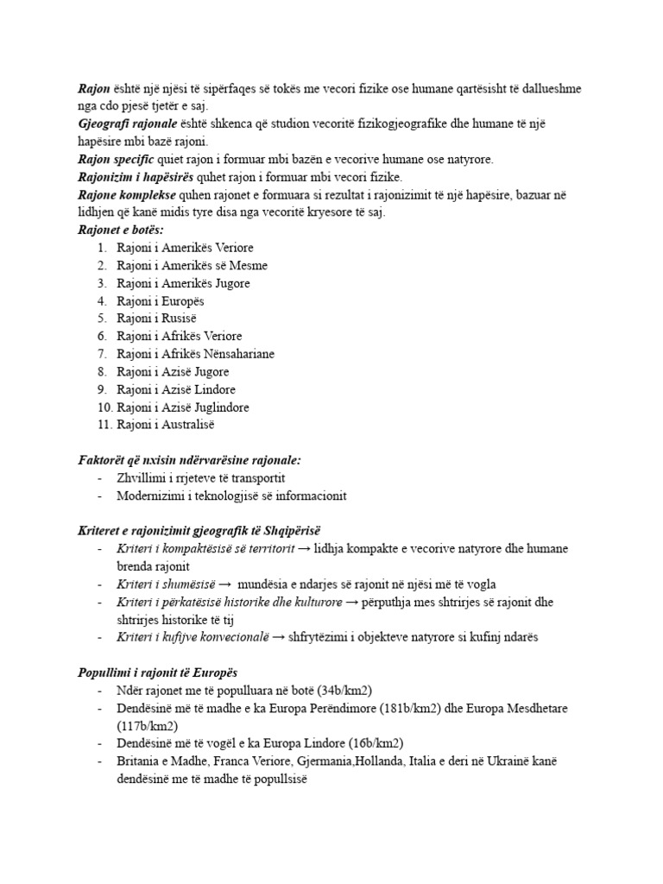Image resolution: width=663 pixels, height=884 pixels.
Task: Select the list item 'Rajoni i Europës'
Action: coord(160,301)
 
